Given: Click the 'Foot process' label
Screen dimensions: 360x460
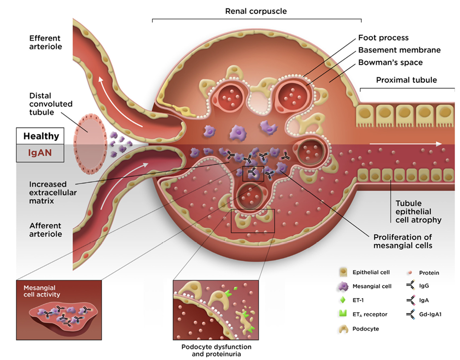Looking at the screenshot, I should tap(384, 37).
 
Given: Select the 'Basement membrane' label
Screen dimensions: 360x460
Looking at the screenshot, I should tap(399, 50).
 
